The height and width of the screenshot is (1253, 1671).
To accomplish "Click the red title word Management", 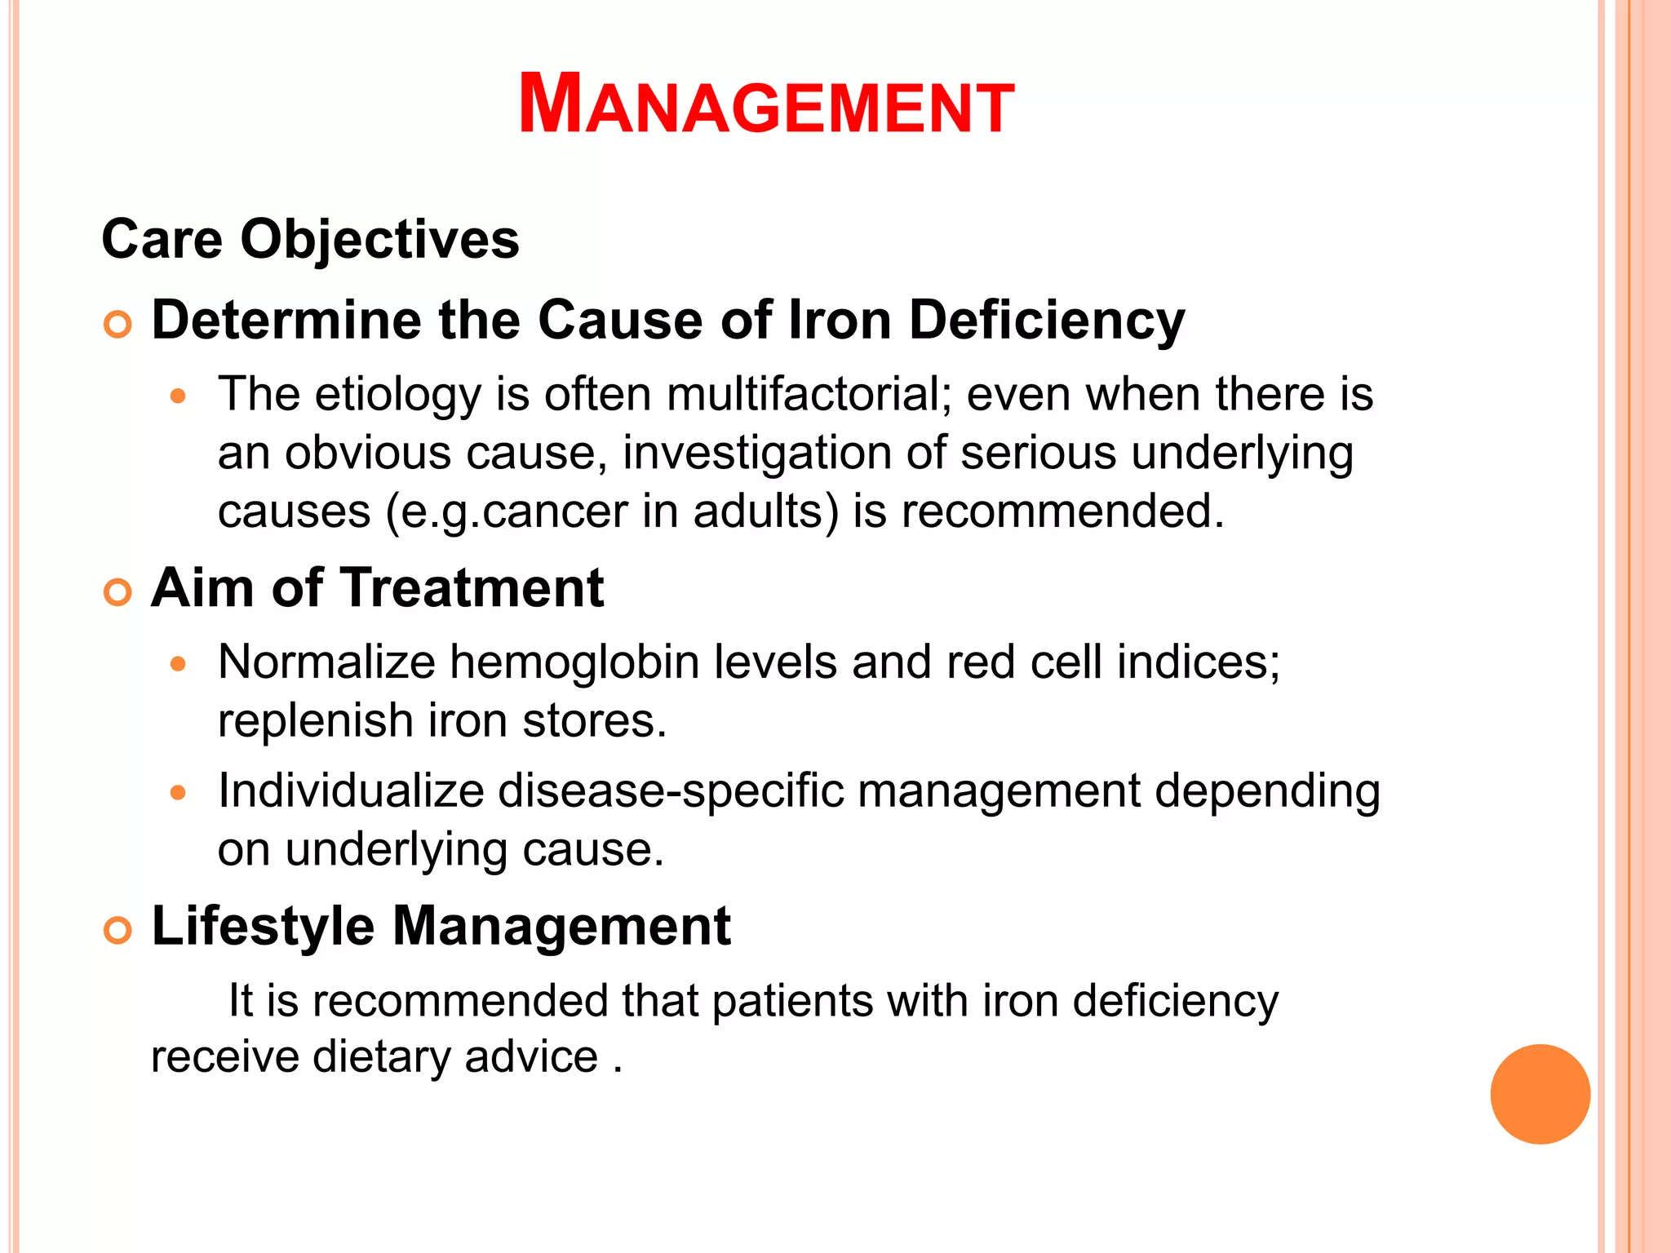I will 766,105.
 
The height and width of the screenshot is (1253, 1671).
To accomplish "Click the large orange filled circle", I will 1540,1094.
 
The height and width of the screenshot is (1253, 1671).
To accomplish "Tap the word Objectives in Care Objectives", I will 379,239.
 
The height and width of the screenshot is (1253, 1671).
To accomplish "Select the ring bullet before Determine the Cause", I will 118,325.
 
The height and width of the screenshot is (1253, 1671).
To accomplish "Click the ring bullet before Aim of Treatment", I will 118,592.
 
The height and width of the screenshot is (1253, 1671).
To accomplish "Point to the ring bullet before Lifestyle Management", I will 118,931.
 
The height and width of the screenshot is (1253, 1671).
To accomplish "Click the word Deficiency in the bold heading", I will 1046,320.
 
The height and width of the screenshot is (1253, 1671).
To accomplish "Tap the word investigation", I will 756,454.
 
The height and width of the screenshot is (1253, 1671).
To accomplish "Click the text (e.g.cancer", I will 506,512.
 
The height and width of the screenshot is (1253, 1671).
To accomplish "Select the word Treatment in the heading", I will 472,587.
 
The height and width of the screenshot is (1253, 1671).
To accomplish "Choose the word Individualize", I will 351,791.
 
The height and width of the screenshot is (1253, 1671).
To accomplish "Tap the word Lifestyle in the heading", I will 264,927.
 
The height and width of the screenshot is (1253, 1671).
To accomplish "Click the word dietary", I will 381,1057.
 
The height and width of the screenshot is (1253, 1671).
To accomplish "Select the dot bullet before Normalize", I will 179,664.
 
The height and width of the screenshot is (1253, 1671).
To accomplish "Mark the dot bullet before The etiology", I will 179,397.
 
